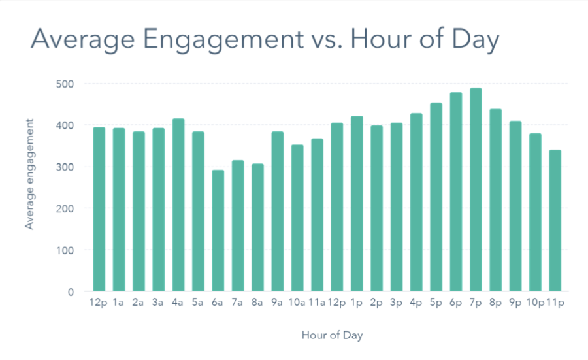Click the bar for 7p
[x=476, y=189]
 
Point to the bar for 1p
[x=357, y=203]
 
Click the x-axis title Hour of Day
[x=332, y=335]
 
